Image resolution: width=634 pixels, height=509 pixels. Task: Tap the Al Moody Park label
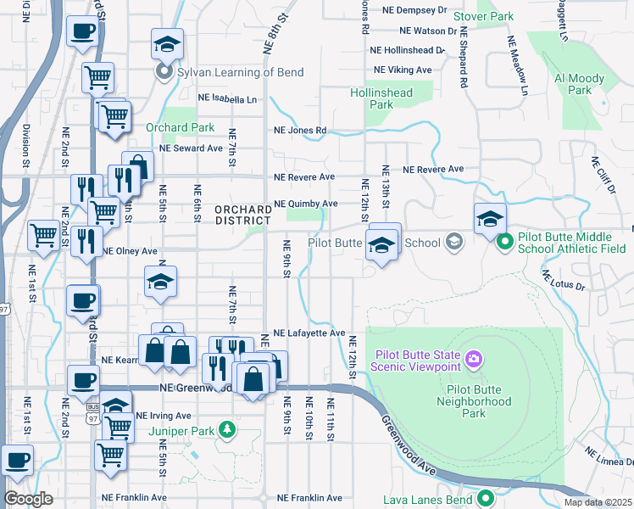tap(579, 84)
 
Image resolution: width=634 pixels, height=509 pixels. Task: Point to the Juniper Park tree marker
tap(227, 429)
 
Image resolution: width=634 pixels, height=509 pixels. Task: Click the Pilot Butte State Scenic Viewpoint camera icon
tap(473, 360)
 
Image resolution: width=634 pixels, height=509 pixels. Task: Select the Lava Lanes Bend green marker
tap(486, 499)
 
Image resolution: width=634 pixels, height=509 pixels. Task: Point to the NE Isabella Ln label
tap(227, 99)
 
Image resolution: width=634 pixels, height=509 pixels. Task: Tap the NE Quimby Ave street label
tap(306, 204)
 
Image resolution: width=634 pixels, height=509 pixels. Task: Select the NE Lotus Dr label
tap(563, 282)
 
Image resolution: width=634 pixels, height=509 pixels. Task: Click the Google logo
tap(28, 499)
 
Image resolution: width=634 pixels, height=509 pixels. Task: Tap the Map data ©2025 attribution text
tap(598, 502)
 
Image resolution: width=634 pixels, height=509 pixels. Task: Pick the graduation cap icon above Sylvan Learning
tap(167, 45)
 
